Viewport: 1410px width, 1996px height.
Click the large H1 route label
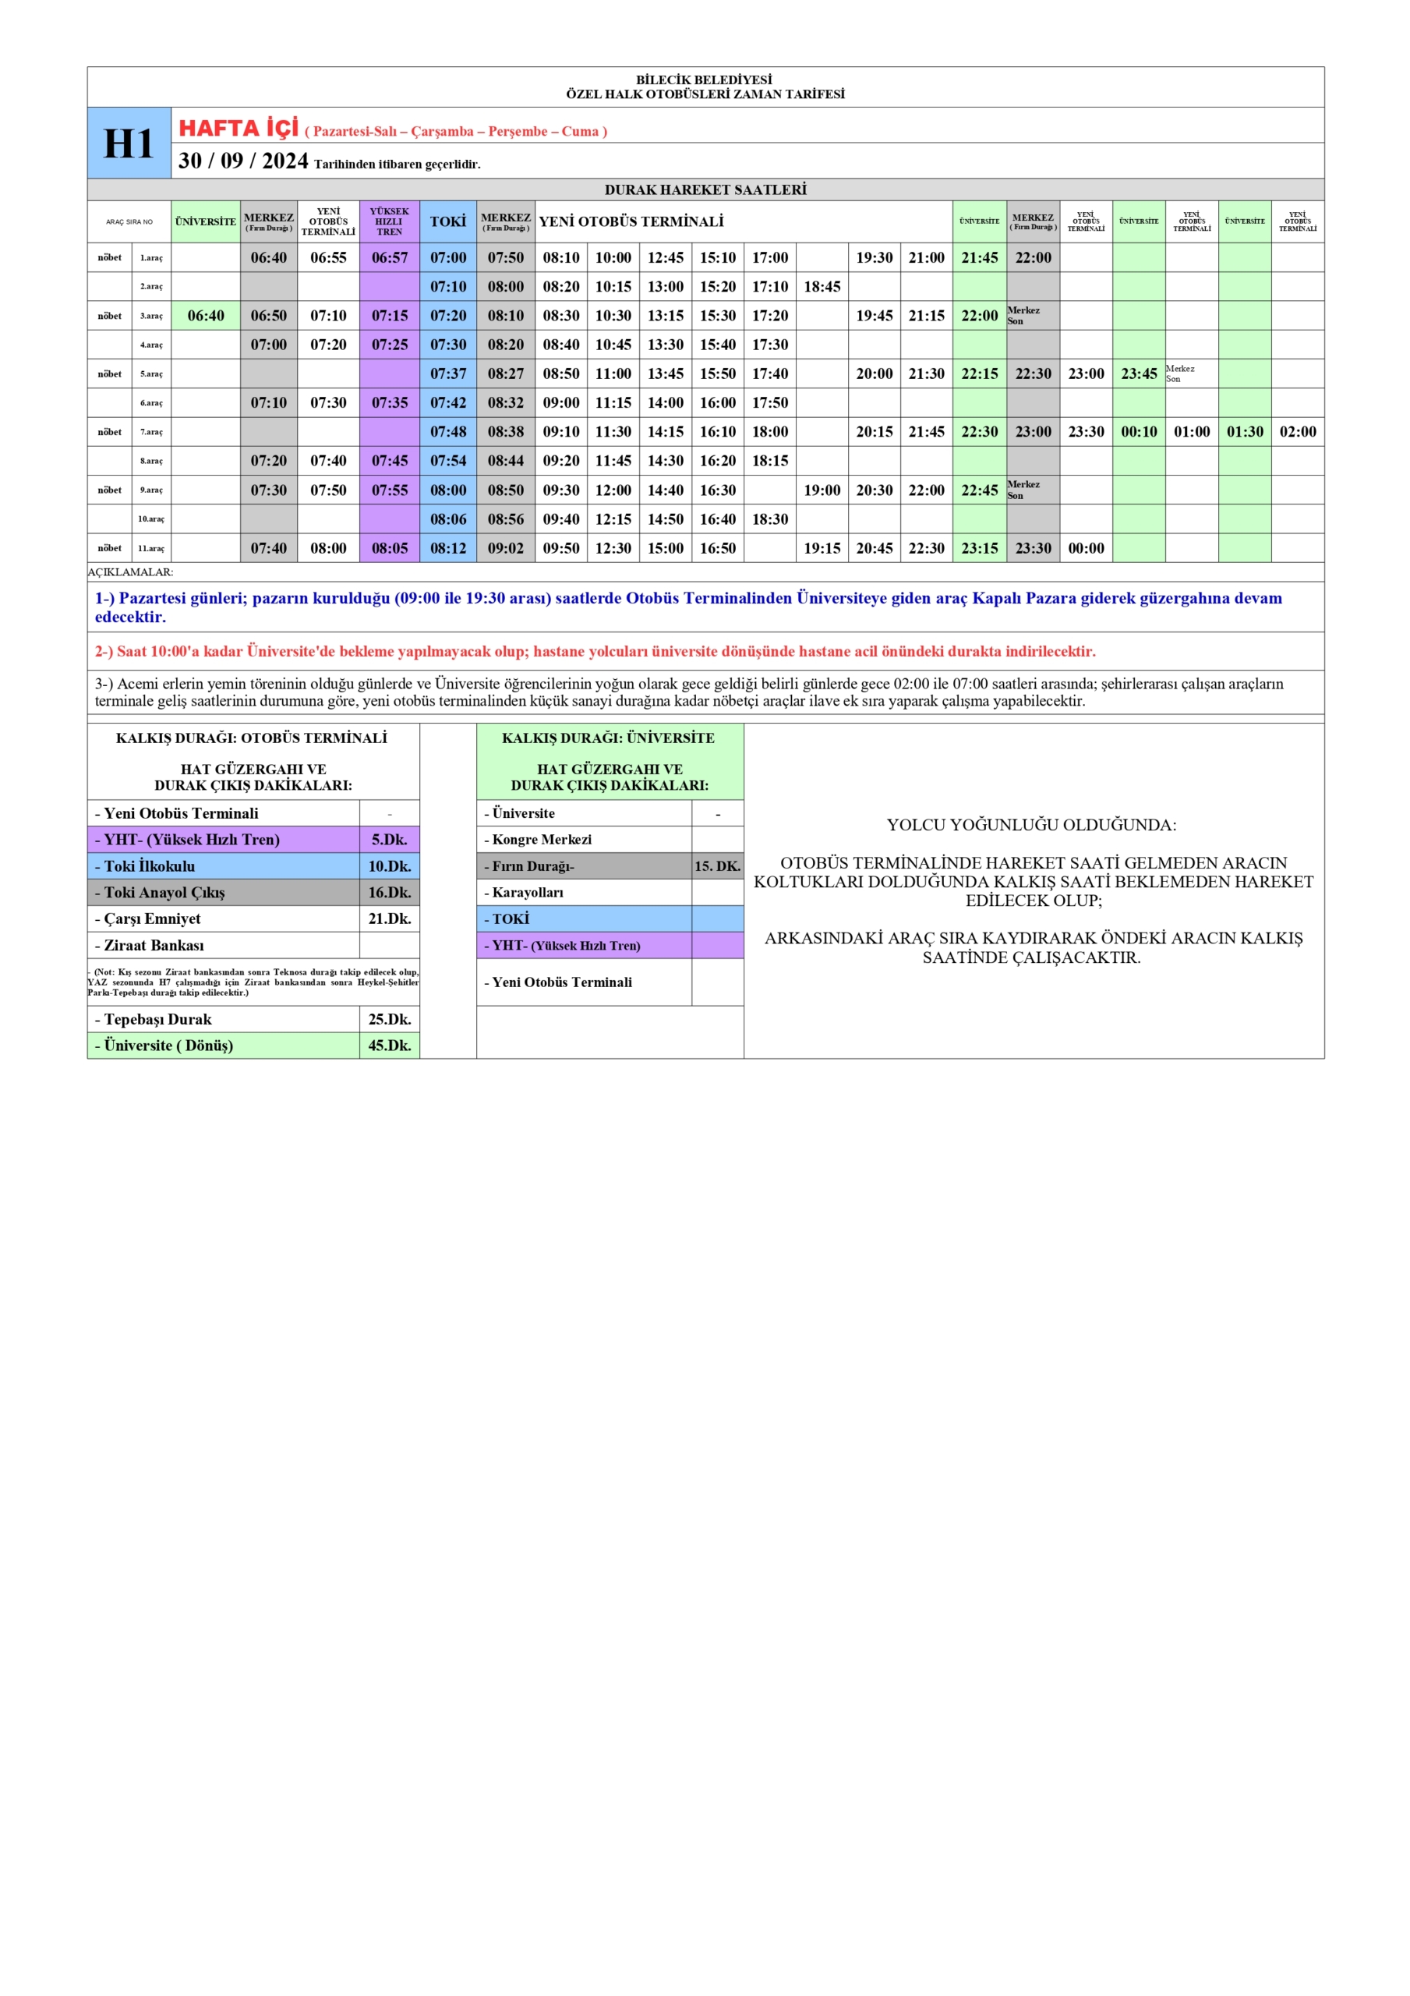click(129, 143)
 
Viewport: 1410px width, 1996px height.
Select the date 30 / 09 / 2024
click(243, 161)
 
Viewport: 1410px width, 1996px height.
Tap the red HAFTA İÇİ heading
click(239, 129)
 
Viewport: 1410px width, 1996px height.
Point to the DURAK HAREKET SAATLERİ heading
click(705, 189)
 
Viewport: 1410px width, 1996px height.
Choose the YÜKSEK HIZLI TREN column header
click(390, 221)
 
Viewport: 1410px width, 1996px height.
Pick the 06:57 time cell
click(390, 257)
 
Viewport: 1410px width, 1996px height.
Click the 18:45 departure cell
click(822, 287)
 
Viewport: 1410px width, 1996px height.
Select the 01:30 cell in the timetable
click(1244, 432)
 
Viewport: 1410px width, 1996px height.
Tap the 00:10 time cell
click(1139, 432)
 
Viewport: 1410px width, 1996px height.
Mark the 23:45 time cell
click(1139, 373)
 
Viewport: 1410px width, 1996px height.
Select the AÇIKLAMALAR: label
click(130, 572)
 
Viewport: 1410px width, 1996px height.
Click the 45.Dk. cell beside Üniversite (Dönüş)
click(390, 1045)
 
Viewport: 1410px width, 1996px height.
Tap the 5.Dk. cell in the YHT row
click(390, 840)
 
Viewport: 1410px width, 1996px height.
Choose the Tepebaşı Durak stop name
click(157, 1019)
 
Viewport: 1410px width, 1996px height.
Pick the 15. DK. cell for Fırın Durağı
click(717, 866)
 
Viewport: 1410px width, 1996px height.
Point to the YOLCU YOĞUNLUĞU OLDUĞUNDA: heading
click(1032, 825)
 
